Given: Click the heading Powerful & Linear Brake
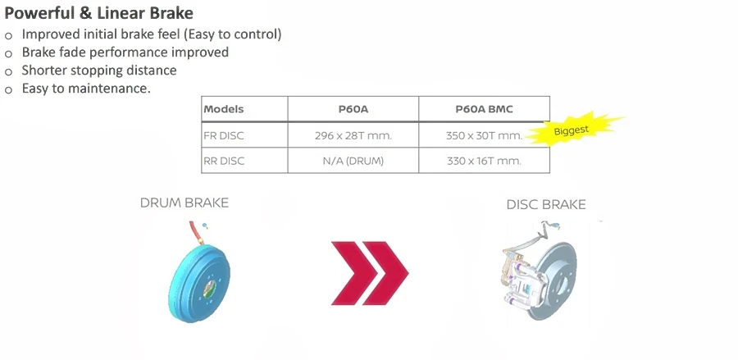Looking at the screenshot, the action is point(99,13).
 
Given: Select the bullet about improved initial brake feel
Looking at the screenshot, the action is point(152,34).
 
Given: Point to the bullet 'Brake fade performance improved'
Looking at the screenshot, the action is point(125,52).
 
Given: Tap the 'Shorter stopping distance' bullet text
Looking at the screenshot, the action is point(99,71).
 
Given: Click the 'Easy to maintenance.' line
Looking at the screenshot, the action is point(86,89).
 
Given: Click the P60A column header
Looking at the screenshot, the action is point(353,109).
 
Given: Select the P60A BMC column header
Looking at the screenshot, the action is point(484,109).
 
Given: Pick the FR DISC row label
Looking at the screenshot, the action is point(224,135).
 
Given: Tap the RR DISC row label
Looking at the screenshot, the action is point(224,161).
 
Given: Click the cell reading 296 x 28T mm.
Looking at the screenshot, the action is point(353,135).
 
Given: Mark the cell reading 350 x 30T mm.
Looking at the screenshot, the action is point(485,135).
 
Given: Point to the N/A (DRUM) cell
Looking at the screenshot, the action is point(353,161).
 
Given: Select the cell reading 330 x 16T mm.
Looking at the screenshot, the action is point(484,161).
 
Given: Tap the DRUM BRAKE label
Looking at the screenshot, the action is point(184,203).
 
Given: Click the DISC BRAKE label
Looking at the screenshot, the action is point(546,205).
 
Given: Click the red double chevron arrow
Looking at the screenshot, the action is point(370,273).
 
